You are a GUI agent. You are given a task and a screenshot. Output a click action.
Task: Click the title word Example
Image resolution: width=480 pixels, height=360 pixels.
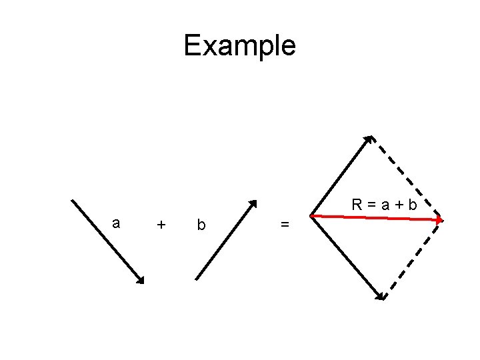(x=239, y=46)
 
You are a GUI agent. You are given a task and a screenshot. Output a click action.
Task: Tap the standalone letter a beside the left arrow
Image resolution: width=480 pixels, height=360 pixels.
(x=117, y=223)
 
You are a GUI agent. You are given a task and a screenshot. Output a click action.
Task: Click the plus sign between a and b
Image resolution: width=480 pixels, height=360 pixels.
(x=161, y=225)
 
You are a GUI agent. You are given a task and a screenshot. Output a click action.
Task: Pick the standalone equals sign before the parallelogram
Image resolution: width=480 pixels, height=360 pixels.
(x=285, y=225)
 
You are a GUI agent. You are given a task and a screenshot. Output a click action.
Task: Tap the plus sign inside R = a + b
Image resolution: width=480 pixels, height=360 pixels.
(x=399, y=205)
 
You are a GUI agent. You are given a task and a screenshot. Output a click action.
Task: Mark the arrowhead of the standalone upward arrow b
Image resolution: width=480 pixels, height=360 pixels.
(x=253, y=203)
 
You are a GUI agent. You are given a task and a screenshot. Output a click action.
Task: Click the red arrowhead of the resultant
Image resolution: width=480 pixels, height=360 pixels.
(x=439, y=219)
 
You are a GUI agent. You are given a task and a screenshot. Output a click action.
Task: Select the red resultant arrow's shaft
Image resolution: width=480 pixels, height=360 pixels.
(x=373, y=217)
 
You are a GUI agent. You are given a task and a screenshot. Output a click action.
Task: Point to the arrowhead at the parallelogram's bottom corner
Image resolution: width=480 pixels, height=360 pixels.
(x=381, y=296)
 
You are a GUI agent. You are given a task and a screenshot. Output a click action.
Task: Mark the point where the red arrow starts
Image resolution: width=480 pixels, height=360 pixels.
(x=311, y=215)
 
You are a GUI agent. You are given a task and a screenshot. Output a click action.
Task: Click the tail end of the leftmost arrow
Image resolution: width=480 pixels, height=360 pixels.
(x=72, y=199)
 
